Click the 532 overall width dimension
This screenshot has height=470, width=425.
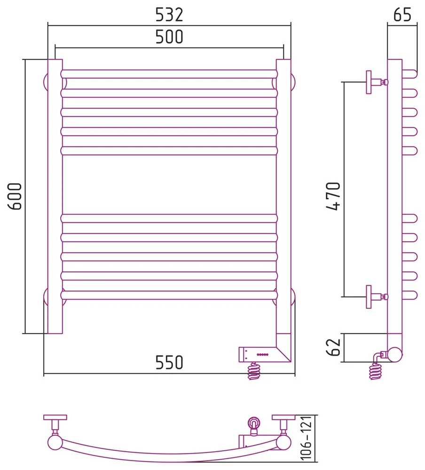169,15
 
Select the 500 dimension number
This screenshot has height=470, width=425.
169,37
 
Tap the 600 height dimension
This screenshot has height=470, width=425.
15,196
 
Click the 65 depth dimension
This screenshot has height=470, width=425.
402,15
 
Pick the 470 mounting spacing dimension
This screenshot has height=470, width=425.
333,196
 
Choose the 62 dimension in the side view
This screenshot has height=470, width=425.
333,347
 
